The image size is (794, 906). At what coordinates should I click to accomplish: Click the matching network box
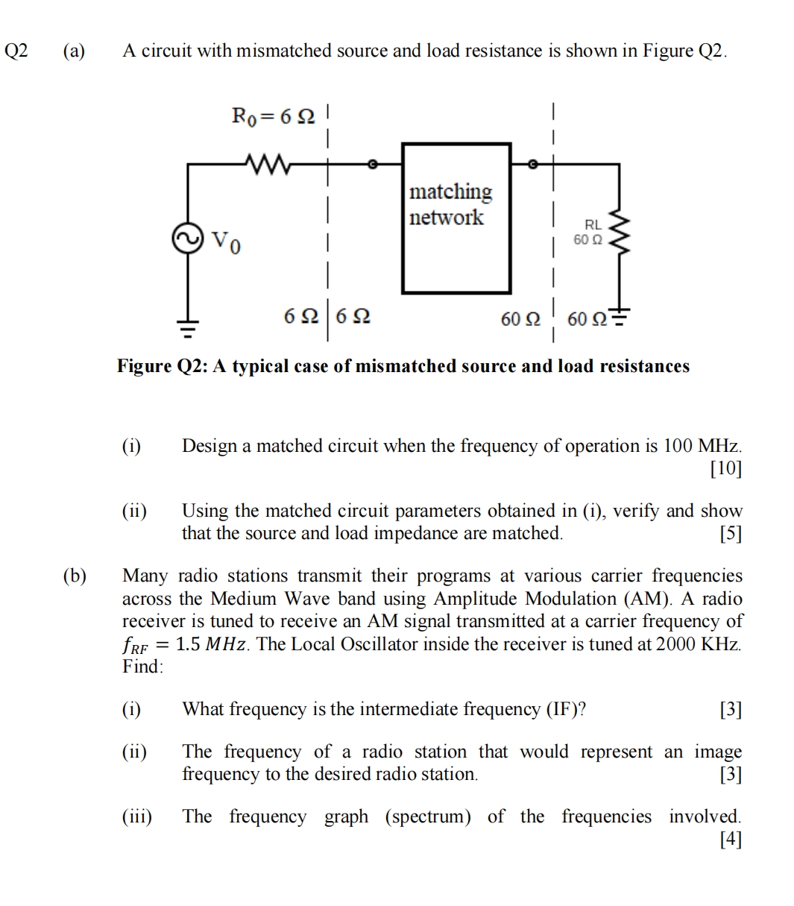(456, 218)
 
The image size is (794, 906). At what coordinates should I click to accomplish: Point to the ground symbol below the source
(188, 324)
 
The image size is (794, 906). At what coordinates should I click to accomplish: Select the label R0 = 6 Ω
(274, 116)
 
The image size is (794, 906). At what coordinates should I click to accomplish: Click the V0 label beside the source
(225, 242)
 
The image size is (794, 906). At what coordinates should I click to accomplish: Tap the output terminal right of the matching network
(532, 163)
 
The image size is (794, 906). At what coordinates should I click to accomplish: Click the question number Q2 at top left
(16, 51)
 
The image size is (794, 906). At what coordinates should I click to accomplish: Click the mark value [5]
(731, 534)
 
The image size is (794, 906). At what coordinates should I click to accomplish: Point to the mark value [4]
(731, 840)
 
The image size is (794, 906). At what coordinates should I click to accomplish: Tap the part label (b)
(74, 576)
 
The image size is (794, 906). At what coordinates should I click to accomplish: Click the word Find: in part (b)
(142, 667)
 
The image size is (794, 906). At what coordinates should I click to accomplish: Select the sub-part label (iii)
(136, 817)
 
